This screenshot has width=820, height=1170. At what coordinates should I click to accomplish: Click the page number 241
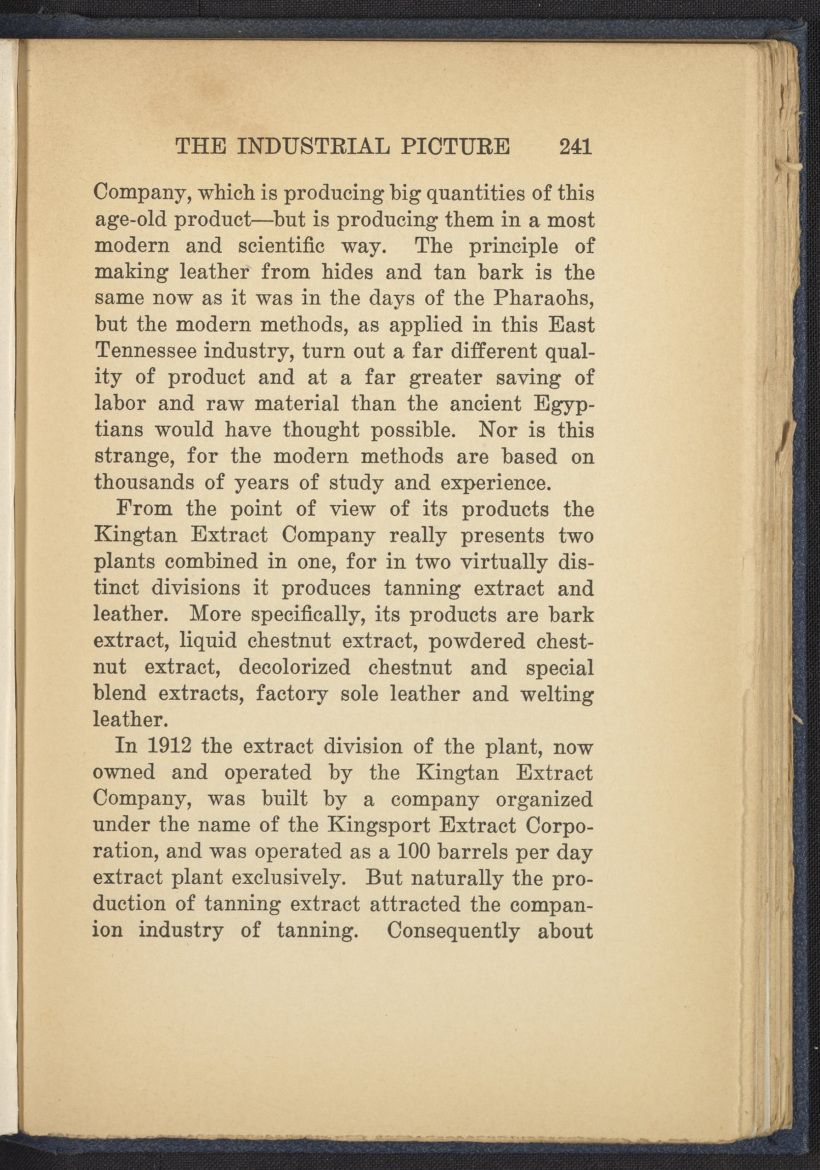pyautogui.click(x=575, y=147)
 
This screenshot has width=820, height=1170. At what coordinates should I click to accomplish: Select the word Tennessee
pyautogui.click(x=146, y=351)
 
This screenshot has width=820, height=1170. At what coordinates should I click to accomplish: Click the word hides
pyautogui.click(x=347, y=273)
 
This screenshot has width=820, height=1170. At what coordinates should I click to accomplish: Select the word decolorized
pyautogui.click(x=294, y=667)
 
